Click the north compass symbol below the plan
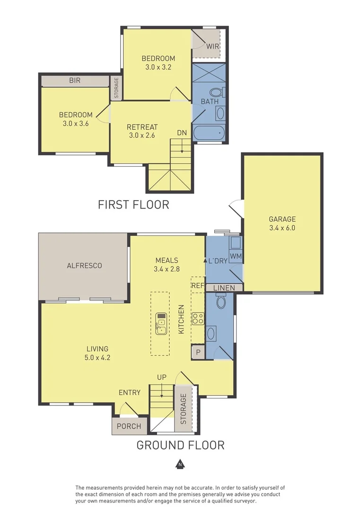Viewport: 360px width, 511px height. (180, 464)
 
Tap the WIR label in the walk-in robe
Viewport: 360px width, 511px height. (212, 46)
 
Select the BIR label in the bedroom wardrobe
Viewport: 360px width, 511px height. (75, 80)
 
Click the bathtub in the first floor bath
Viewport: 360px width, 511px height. (209, 133)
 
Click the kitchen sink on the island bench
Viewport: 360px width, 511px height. (160, 323)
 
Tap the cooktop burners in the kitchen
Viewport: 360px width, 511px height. (197, 318)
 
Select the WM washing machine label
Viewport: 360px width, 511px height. (235, 256)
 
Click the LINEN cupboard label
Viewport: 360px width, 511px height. (224, 288)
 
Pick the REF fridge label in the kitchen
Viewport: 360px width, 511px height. (197, 285)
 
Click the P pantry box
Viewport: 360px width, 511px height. (198, 352)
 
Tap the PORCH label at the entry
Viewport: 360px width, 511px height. (129, 426)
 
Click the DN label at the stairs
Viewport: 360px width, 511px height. (182, 133)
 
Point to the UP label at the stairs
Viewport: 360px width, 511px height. (162, 377)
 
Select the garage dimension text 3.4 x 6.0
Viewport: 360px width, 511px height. (282, 228)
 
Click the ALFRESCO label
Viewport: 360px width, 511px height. (85, 265)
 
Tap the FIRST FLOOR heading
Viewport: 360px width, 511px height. (133, 204)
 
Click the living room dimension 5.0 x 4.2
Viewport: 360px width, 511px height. (97, 358)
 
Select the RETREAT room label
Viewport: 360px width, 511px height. (142, 127)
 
